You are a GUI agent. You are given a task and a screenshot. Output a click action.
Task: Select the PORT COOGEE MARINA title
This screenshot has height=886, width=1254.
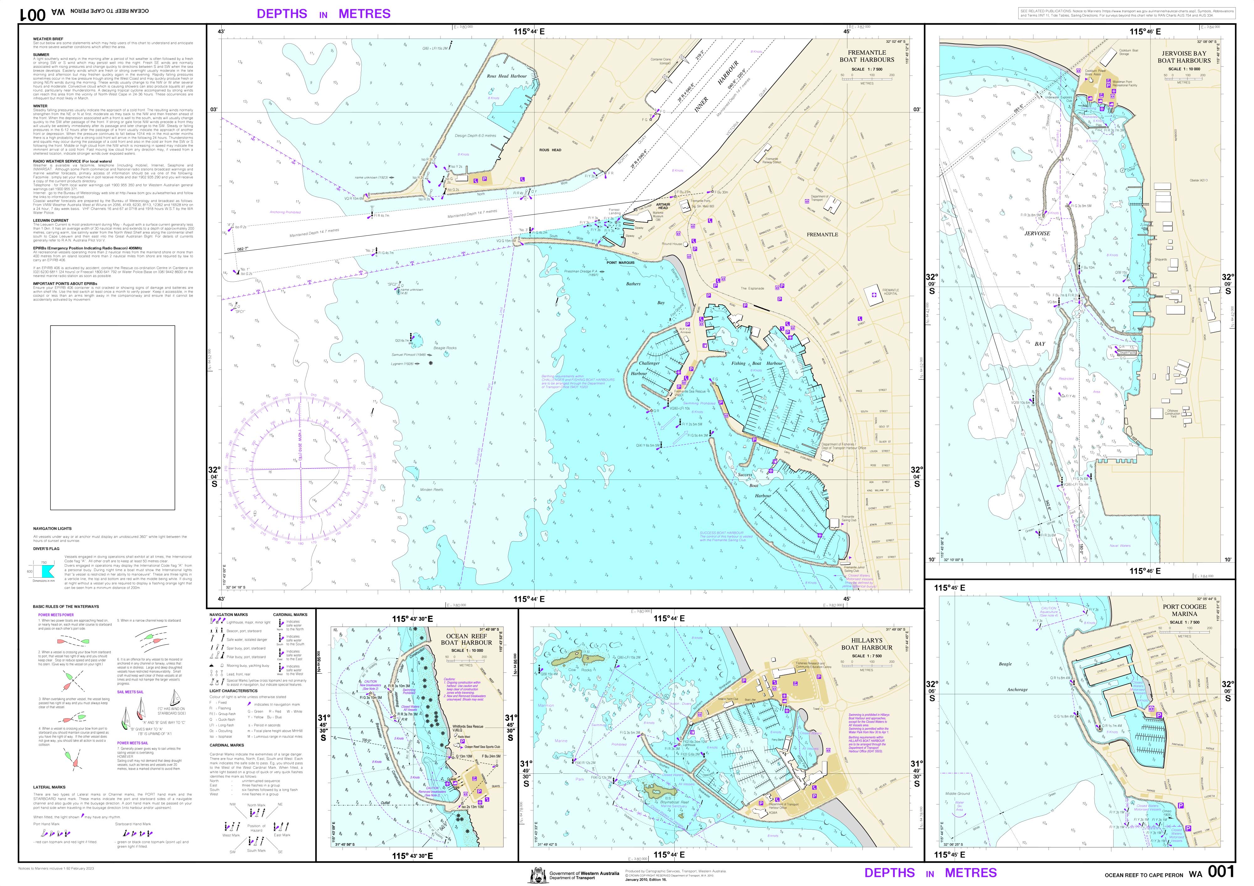(1184, 610)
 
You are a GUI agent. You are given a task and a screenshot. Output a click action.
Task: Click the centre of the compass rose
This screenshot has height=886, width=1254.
(300, 468)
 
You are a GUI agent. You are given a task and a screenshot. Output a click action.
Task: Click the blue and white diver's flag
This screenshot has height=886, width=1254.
(47, 571)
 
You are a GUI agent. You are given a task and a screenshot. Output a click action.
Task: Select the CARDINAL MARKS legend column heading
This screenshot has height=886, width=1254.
(290, 614)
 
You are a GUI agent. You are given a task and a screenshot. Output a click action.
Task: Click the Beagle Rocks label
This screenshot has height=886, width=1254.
(445, 348)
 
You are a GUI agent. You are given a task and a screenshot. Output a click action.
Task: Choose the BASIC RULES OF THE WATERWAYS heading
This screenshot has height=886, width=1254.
(66, 606)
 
